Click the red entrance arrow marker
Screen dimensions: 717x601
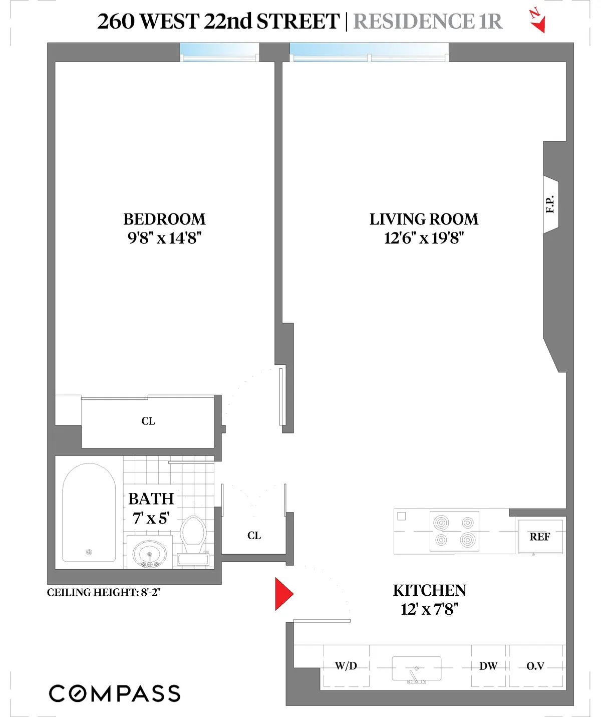click(283, 594)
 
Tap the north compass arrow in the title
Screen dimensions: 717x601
click(537, 21)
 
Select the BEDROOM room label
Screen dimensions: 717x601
click(164, 219)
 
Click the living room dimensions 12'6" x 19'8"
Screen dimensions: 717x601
click(424, 238)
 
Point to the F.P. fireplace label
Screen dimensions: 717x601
click(550, 204)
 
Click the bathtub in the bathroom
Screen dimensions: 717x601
click(89, 513)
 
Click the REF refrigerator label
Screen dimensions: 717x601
click(539, 537)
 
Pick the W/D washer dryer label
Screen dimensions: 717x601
click(346, 666)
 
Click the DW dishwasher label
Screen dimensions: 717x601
click(488, 666)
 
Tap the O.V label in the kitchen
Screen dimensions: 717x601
click(535, 666)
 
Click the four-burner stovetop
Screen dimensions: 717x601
click(454, 531)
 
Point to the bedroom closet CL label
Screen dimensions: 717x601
click(148, 421)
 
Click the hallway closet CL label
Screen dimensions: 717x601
click(254, 536)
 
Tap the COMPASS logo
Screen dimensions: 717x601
click(115, 693)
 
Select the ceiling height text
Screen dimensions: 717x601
click(104, 593)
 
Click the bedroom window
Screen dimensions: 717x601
click(220, 52)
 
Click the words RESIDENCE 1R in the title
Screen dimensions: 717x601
click(427, 22)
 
